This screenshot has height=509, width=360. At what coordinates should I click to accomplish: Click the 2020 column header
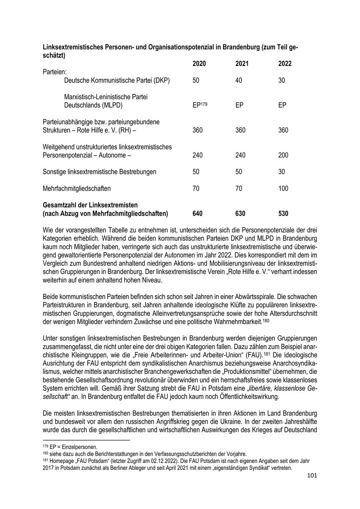(x=199, y=64)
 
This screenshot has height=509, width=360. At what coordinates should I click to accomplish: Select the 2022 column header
(x=285, y=64)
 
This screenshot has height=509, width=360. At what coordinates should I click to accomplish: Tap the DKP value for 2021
(x=239, y=80)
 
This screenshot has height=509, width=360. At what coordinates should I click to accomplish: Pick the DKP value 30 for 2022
(x=282, y=80)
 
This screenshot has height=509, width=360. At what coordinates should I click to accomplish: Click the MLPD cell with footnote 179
(x=200, y=105)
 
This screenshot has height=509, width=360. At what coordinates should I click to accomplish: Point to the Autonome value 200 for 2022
(x=283, y=155)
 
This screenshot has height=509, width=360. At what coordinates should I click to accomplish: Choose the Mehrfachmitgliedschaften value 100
(x=283, y=188)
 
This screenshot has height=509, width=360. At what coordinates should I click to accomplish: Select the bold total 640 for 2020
(x=198, y=214)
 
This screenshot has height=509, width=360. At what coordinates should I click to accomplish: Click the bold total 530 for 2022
(x=283, y=214)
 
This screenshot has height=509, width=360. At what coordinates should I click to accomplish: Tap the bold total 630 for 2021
(x=240, y=214)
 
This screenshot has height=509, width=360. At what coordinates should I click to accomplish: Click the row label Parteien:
(x=55, y=72)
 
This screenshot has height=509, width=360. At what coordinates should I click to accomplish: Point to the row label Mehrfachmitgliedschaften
(x=77, y=188)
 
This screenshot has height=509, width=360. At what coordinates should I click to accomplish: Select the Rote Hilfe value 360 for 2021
(x=240, y=130)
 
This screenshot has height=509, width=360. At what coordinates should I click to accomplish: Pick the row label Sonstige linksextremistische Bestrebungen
(x=100, y=172)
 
